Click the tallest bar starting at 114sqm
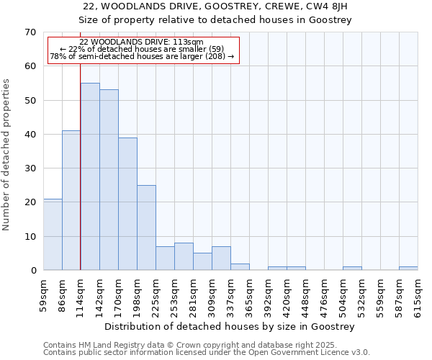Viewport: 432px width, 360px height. coord(90,176)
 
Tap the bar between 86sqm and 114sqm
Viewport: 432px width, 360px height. coord(71,200)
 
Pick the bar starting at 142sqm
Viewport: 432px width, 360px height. coord(109,180)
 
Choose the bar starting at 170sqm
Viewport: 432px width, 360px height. coord(127,204)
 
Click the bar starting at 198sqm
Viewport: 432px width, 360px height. coord(146,228)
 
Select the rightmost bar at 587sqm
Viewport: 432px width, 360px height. coord(408,268)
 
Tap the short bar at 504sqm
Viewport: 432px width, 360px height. coord(352,268)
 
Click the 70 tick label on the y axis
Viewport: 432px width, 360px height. coord(30,32)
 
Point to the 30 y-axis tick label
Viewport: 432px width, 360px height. coord(30,168)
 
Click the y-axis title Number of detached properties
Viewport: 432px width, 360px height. coord(6,155)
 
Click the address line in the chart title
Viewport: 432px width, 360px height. coord(215,6)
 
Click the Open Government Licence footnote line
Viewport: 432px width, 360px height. coord(207,353)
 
